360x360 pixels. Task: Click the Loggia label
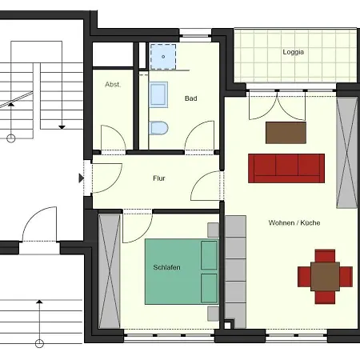pos(293,52)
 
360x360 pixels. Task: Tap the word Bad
pos(191,98)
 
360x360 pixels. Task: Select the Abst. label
pos(113,85)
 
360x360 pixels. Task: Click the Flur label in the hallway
pos(159,178)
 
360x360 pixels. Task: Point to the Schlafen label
pos(166,267)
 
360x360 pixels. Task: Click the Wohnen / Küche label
pos(294,222)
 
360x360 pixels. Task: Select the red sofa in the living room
pos(286,168)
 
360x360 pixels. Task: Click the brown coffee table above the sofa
pos(286,133)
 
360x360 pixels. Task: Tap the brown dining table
pos(325,277)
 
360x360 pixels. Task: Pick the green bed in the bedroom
pos(182,271)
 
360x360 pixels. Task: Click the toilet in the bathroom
pos(158,128)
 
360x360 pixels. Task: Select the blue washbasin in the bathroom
pos(158,94)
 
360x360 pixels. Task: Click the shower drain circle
pos(163,57)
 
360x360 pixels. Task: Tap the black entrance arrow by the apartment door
pos(82,178)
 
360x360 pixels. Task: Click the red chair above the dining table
pos(325,256)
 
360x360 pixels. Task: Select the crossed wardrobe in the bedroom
pos(110,271)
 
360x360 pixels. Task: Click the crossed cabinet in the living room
pos(347,153)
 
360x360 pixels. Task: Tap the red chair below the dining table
pos(325,298)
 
